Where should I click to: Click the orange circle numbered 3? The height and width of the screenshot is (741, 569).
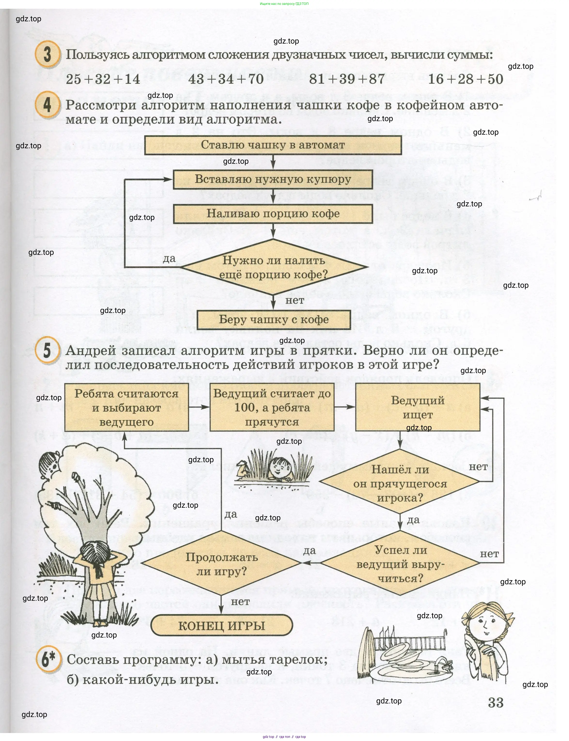[47, 55]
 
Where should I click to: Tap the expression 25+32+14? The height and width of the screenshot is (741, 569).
[103, 79]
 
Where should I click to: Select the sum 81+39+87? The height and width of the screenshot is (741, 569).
[347, 79]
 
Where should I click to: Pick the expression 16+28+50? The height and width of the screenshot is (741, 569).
[466, 79]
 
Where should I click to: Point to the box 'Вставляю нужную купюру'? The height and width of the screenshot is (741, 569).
[273, 179]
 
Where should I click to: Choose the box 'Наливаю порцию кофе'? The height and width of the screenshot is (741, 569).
[273, 214]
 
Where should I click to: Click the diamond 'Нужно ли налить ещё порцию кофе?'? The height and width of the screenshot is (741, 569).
[273, 267]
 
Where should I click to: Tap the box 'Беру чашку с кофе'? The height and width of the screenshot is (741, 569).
[274, 319]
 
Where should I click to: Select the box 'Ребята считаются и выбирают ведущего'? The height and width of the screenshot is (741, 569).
[126, 408]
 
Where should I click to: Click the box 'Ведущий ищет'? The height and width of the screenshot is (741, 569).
[418, 407]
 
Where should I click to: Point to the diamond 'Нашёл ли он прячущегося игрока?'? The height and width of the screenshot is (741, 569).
[400, 483]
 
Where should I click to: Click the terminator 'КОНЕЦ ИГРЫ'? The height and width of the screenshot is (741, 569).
[221, 625]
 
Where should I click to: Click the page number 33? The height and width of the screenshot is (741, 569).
[496, 703]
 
